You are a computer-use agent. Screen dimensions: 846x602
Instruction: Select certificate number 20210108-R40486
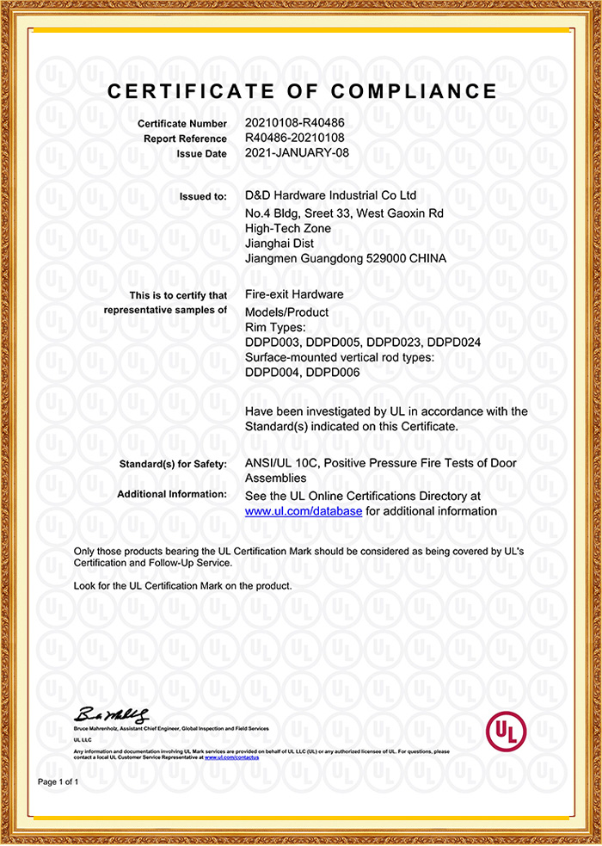click(294, 124)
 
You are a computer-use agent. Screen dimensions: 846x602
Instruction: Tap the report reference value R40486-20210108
click(294, 138)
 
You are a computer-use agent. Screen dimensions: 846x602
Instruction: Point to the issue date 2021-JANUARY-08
click(298, 152)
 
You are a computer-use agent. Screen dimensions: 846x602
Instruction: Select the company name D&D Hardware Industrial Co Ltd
click(330, 196)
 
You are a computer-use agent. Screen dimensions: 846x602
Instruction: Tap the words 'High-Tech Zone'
click(287, 228)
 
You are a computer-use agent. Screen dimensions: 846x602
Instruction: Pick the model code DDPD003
click(271, 342)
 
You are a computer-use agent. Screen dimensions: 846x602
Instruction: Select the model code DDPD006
click(335, 372)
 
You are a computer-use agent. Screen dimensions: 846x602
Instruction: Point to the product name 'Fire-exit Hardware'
click(294, 294)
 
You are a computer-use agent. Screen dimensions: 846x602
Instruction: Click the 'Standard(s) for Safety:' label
click(174, 465)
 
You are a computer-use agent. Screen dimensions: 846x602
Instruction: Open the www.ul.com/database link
click(304, 511)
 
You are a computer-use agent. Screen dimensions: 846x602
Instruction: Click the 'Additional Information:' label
click(171, 495)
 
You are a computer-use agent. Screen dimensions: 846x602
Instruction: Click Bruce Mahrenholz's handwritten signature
click(113, 714)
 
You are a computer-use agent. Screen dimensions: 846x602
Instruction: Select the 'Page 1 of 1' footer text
click(58, 782)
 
